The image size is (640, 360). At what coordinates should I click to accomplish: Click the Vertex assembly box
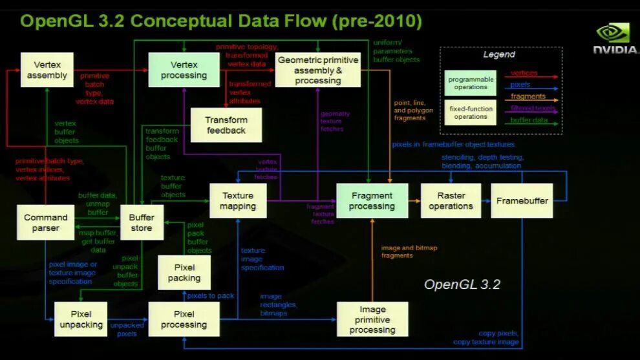[x=47, y=70]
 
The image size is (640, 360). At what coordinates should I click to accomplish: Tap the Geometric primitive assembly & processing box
[x=317, y=70]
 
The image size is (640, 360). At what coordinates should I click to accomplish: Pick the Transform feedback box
[x=226, y=125]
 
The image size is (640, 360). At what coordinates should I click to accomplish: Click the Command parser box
[x=46, y=222]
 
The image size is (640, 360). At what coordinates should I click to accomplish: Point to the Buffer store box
[x=141, y=222]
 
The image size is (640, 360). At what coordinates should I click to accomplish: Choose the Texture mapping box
[x=238, y=200]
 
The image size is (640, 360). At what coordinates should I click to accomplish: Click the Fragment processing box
[x=372, y=200]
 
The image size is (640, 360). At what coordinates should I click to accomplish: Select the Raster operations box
[x=451, y=200]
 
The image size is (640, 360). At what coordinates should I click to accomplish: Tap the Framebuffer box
[x=522, y=200]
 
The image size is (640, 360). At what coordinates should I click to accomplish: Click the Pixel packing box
[x=184, y=273]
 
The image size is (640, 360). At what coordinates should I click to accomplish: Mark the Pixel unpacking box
[x=81, y=319]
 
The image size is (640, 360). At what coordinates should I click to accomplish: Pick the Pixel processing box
[x=184, y=319]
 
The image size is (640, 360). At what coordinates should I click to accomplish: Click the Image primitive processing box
[x=372, y=319]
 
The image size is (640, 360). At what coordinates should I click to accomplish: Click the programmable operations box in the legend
[x=470, y=83]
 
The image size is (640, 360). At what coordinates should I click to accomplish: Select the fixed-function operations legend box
[x=470, y=113]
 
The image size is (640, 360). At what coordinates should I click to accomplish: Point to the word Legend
[x=499, y=55]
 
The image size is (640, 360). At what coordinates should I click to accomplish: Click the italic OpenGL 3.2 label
[x=462, y=284]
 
